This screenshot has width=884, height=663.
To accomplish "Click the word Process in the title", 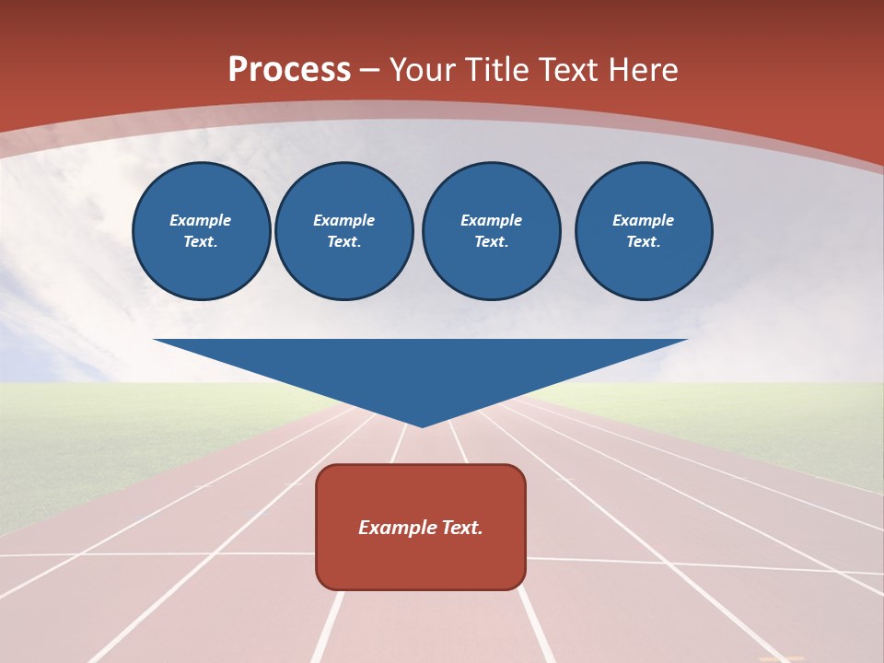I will click(289, 70).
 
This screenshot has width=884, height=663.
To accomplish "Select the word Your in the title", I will click(425, 70).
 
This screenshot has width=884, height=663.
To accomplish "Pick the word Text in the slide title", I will click(571, 70).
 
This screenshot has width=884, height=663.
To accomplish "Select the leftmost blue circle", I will click(202, 231).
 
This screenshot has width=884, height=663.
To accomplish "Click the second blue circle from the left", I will click(344, 231).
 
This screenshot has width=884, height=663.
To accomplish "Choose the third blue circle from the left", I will click(492, 231).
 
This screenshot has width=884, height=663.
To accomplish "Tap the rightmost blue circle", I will click(644, 231).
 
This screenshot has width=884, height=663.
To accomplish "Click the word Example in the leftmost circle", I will click(201, 220).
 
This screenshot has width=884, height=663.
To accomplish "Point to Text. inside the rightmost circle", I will click(644, 242).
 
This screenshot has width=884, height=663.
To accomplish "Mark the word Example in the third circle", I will click(492, 220).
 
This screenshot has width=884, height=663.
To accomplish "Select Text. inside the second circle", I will click(344, 242).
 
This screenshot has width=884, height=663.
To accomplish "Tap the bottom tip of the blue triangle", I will click(422, 425).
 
